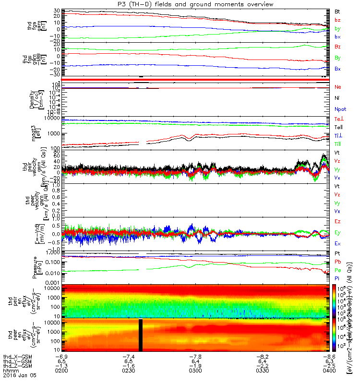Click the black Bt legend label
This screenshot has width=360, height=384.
pyautogui.click(x=337, y=11)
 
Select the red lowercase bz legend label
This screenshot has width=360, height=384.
pyautogui.click(x=337, y=20)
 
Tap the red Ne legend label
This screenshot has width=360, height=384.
pyautogui.click(x=337, y=87)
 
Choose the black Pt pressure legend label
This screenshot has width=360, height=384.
pyautogui.click(x=337, y=252)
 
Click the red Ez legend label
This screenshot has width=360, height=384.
pyautogui.click(x=337, y=221)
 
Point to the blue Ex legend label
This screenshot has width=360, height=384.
pyautogui.click(x=337, y=243)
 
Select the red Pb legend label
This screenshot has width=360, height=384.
pyautogui.click(x=337, y=262)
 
